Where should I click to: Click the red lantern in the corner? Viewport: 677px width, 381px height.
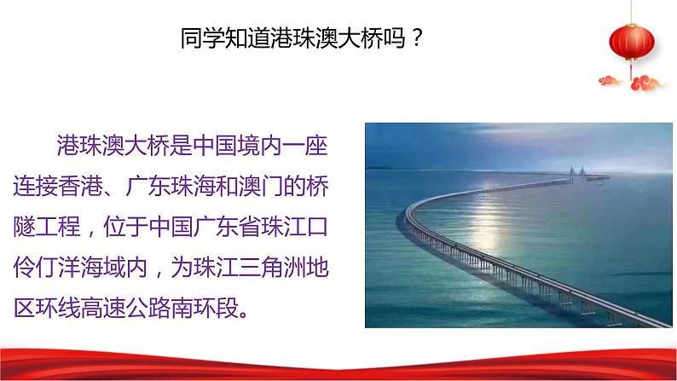coord(632,42)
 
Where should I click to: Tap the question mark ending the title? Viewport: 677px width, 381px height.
coord(416,38)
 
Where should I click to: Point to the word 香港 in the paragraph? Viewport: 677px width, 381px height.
coord(80,186)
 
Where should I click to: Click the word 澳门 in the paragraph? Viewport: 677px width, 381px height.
coord(262,186)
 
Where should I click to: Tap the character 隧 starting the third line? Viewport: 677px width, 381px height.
coord(24,227)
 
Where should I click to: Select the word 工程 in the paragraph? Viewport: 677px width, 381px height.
coord(58,227)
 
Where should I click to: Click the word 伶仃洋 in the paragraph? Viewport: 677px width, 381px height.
coord(47,267)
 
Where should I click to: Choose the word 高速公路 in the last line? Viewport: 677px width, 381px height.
coord(125,308)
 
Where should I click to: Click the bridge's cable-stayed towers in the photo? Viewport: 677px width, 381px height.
coord(577,172)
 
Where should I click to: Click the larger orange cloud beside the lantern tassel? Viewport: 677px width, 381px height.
coord(648,83)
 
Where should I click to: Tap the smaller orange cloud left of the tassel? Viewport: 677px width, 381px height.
coord(610,80)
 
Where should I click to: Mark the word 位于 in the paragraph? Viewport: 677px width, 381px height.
coord(125,227)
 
